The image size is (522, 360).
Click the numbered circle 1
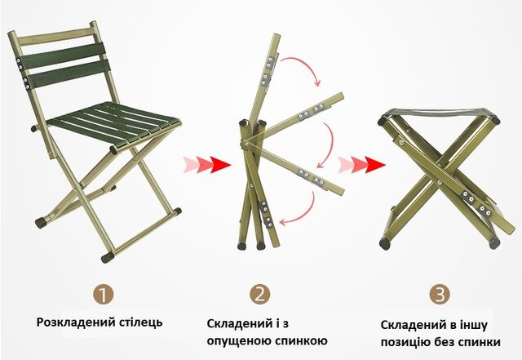(x=104, y=295)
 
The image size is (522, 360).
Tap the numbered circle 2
(x=260, y=295)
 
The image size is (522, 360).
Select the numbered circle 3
(x=440, y=295)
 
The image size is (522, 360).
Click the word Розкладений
(x=76, y=322)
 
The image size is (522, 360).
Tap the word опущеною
(x=239, y=342)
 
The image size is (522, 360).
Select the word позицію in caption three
(x=406, y=342)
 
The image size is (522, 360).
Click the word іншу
(x=473, y=325)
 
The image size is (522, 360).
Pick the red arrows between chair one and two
(x=206, y=164)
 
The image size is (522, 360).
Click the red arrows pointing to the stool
(x=362, y=164)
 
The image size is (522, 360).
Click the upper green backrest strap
(x=62, y=56)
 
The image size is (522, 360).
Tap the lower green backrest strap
(x=69, y=74)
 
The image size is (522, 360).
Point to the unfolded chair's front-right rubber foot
(x=108, y=256)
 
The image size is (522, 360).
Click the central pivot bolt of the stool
(x=440, y=182)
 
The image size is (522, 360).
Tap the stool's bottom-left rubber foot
(x=385, y=243)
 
